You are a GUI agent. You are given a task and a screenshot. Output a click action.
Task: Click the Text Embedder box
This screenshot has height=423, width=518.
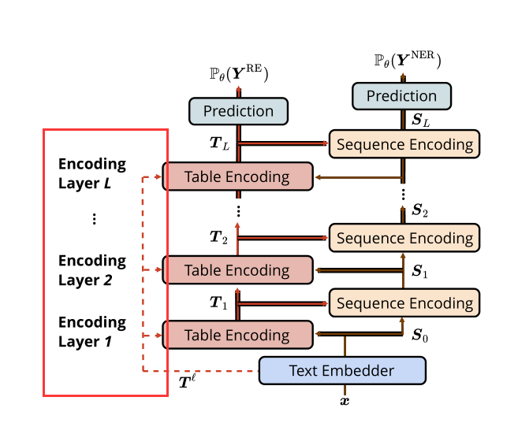click(x=342, y=370)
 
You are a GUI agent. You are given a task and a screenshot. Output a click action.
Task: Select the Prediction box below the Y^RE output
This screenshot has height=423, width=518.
click(x=238, y=111)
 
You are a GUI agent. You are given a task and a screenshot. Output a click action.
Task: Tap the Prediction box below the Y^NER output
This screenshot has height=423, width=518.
click(x=402, y=96)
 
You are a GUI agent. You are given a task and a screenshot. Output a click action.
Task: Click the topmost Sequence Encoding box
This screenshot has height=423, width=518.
click(x=404, y=144)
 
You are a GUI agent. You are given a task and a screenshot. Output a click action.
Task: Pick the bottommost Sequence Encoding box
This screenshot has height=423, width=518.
click(x=404, y=303)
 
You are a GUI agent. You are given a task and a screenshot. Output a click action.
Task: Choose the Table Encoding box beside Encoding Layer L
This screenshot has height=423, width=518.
click(x=237, y=176)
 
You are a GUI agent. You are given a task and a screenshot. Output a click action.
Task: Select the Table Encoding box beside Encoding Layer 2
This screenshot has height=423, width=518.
click(x=237, y=270)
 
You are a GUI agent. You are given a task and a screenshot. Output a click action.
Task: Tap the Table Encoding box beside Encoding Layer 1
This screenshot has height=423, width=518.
click(x=237, y=336)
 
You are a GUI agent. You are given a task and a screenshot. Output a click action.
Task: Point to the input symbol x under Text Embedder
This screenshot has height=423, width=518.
click(x=344, y=401)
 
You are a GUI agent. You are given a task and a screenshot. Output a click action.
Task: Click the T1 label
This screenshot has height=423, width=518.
click(x=218, y=303)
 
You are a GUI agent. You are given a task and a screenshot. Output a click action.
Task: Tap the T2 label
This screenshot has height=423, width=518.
click(x=218, y=237)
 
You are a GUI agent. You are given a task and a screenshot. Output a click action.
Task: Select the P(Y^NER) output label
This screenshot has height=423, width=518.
click(x=406, y=60)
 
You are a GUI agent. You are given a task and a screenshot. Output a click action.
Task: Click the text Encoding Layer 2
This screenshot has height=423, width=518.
click(x=92, y=270)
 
